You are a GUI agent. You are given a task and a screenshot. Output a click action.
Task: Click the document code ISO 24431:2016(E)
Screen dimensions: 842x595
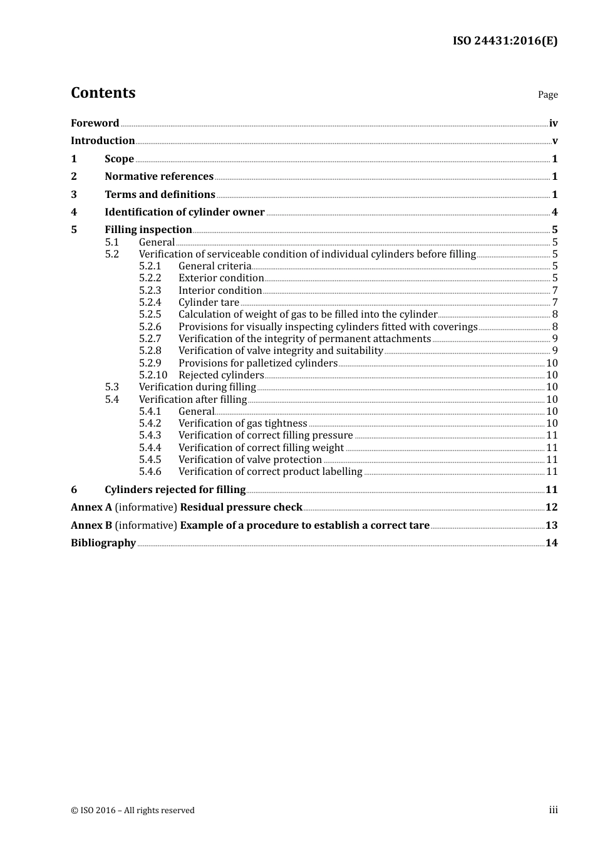tap(505, 41)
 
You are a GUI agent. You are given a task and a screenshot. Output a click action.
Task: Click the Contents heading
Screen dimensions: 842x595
tap(103, 93)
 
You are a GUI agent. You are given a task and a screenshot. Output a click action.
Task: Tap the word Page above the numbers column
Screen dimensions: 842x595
tap(547, 95)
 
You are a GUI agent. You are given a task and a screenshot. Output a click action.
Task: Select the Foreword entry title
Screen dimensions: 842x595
tap(95, 123)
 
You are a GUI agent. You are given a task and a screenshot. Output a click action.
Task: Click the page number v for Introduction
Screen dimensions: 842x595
tap(554, 141)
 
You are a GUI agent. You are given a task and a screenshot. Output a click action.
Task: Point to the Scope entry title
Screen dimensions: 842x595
tap(119, 159)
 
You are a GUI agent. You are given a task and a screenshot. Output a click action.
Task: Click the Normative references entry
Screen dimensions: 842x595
tap(159, 177)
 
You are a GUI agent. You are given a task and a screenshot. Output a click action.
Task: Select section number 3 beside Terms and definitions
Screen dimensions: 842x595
tap(74, 194)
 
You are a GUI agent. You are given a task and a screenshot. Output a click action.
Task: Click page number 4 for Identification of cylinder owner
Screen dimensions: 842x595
tap(554, 212)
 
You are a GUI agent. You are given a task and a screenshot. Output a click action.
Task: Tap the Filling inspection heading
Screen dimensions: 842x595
tap(148, 230)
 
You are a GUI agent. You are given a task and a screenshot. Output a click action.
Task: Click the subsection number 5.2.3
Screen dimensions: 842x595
tap(150, 290)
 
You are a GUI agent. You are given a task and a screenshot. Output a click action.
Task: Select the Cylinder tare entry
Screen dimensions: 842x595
tap(209, 303)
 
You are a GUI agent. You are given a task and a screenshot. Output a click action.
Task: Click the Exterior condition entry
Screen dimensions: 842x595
tap(221, 278)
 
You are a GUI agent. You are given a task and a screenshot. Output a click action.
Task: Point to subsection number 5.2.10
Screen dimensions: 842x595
tap(153, 375)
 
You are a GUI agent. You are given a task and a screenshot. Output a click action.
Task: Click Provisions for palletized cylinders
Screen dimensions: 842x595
tap(257, 363)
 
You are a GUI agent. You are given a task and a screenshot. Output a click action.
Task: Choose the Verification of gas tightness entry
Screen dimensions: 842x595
tap(242, 424)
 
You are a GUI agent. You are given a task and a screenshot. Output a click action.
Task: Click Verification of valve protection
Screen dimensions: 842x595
tap(250, 460)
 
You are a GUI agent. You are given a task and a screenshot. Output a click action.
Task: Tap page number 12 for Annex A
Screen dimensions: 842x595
tap(551, 507)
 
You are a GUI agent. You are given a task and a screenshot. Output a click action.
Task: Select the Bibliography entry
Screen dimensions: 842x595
tap(103, 543)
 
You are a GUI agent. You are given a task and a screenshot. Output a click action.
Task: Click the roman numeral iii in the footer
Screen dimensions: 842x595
tap(553, 810)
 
